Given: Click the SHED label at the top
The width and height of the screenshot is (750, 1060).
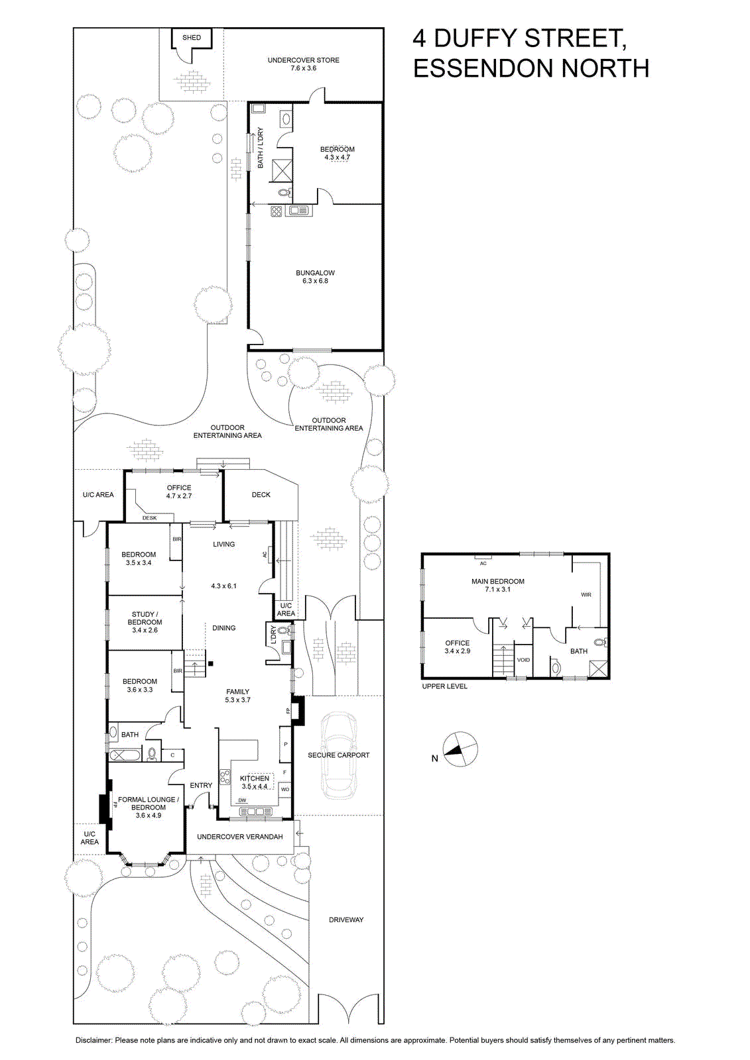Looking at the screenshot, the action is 192,37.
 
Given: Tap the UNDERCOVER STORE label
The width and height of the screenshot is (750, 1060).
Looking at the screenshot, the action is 304,60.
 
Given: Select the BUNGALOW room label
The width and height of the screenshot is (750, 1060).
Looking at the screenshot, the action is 315,272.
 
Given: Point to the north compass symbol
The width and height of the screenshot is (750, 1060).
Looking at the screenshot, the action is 460,749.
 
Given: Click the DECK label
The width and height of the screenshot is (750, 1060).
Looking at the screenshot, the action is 261,494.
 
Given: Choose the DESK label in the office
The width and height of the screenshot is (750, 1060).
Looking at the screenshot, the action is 150,517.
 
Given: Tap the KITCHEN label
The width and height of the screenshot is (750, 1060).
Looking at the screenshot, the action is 255,778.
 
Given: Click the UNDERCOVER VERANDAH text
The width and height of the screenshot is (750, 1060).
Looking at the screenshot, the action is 240,837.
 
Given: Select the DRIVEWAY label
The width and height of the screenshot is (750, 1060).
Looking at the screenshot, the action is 346,920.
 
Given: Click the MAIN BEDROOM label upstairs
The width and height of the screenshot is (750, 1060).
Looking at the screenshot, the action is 498,581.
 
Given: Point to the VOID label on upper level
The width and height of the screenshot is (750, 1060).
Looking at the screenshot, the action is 523,660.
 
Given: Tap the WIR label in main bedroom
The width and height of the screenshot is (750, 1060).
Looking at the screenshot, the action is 586,595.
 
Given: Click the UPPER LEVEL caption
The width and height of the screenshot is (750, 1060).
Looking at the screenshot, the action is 445,686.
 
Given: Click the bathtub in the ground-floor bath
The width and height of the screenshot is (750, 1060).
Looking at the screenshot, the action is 125,755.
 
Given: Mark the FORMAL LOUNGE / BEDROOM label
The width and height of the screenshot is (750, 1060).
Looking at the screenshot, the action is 149,803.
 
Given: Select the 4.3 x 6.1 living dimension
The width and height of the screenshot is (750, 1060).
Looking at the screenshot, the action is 223,586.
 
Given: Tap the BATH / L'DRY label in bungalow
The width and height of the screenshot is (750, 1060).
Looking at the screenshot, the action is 260,148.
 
